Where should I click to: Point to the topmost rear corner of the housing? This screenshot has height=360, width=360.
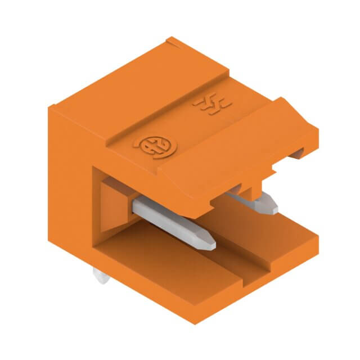click(x=170, y=39)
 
